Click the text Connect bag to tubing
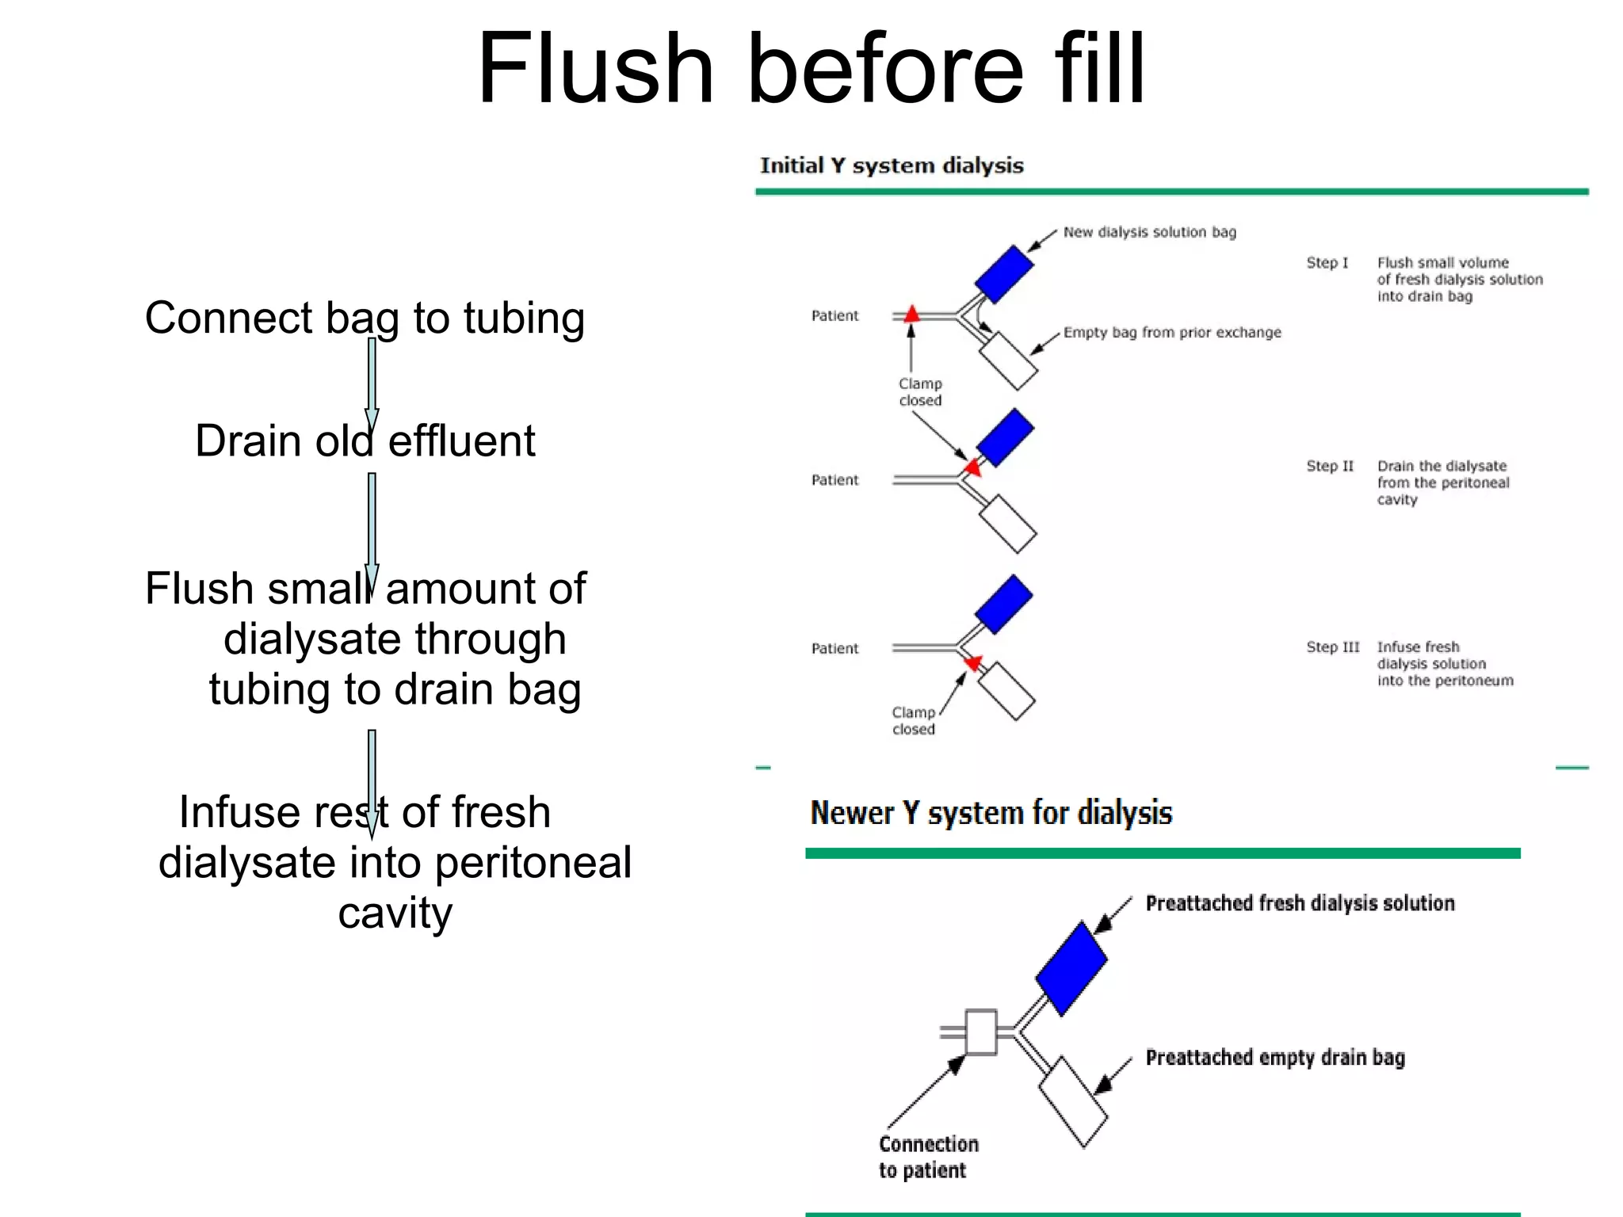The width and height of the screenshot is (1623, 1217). (x=365, y=319)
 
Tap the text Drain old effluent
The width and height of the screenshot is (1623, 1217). (x=365, y=441)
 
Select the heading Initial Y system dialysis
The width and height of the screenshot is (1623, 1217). (x=892, y=166)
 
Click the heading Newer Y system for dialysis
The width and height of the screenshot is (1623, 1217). (x=991, y=814)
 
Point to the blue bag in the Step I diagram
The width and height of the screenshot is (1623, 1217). (x=1004, y=274)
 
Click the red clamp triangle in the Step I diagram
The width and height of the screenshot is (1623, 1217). (x=912, y=314)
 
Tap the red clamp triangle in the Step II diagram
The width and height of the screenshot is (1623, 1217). (x=973, y=467)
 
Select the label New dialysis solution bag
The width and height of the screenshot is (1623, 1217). (x=1149, y=232)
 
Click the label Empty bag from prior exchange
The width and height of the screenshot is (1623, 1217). (x=1171, y=333)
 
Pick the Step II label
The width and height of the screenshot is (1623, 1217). (x=1330, y=466)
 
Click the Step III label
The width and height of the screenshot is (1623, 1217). (x=1332, y=647)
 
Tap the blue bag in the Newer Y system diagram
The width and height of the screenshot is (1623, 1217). (x=1071, y=968)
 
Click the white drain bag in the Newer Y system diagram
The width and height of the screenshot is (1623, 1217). (x=1073, y=1101)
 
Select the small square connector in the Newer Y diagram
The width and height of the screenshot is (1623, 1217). (x=981, y=1032)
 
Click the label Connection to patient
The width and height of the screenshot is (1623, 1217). (x=927, y=1157)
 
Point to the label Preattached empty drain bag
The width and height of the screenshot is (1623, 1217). (x=1274, y=1058)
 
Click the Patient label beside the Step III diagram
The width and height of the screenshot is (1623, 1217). (x=834, y=649)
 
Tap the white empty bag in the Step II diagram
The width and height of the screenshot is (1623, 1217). (x=1008, y=524)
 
